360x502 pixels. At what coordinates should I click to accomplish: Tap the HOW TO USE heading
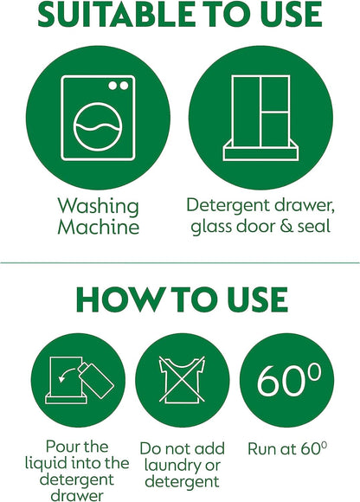coord(181,299)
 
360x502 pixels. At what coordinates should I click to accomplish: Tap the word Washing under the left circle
coord(98,206)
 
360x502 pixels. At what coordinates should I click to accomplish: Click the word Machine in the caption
coord(98,228)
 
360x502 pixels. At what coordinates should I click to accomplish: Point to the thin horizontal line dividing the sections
coord(180,261)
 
